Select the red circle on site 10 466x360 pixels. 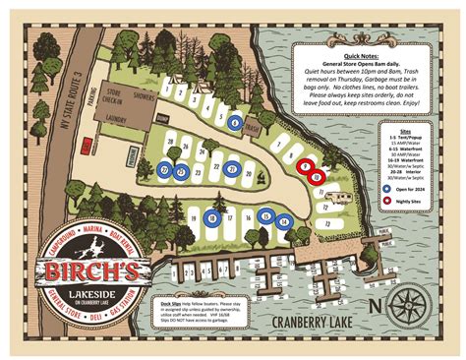pos(318,178)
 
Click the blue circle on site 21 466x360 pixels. pos(232,169)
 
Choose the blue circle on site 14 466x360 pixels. pos(283,222)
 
